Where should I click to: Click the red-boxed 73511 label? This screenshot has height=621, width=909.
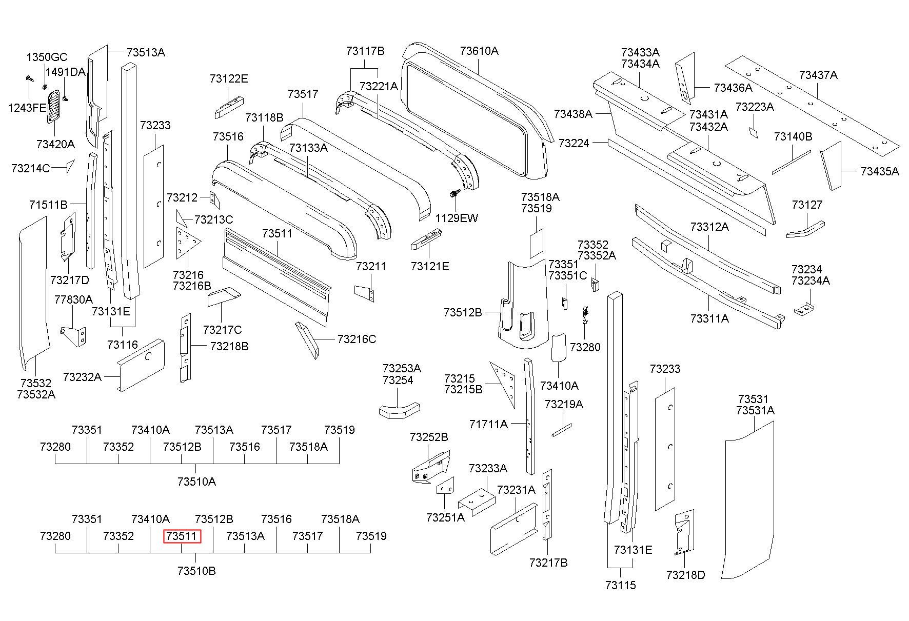click(182, 536)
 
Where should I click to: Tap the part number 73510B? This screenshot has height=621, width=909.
click(196, 571)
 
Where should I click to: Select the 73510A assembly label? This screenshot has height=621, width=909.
click(196, 482)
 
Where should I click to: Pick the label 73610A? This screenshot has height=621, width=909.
click(479, 51)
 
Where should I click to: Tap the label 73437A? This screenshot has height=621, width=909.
click(818, 75)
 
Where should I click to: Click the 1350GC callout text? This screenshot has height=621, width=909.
click(47, 57)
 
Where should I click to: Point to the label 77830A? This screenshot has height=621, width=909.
click(73, 299)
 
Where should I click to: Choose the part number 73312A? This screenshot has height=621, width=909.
click(709, 227)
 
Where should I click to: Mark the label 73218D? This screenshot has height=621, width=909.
click(686, 575)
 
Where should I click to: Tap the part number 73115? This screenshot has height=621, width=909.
click(620, 585)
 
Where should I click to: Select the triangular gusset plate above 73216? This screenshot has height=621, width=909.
click(188, 242)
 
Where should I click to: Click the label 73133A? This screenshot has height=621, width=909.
click(308, 148)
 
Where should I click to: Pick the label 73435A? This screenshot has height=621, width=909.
click(880, 171)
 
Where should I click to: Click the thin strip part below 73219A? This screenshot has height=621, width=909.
click(561, 429)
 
